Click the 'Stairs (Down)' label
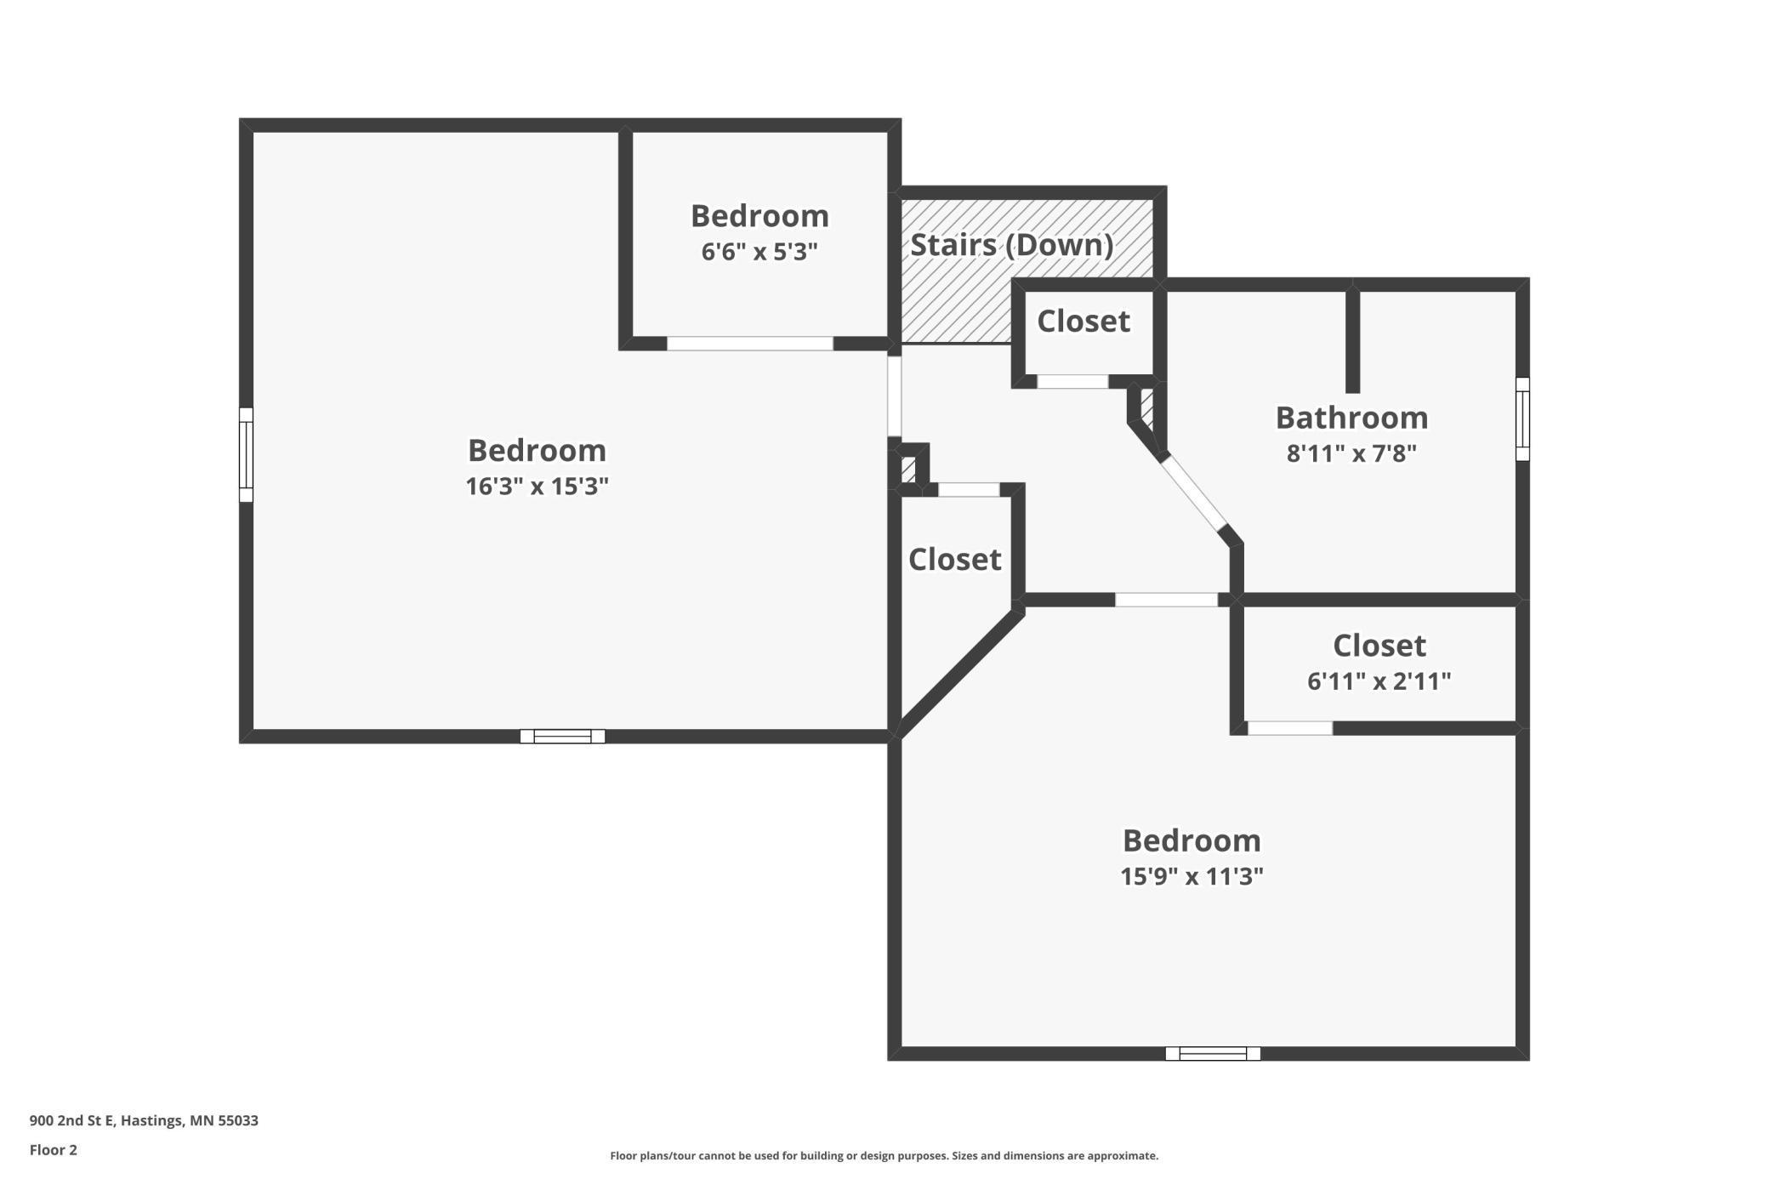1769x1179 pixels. coord(1011,245)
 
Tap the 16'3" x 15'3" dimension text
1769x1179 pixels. coord(537,486)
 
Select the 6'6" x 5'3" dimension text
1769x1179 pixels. coord(759,252)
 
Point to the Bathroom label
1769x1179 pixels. coord(1351,418)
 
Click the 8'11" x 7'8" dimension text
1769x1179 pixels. coord(1351,453)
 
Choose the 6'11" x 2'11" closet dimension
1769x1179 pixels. coord(1379,681)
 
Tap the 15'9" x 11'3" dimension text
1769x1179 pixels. coord(1192,876)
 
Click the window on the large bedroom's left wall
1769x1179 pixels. coord(246,455)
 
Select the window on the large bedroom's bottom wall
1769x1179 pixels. coord(562,736)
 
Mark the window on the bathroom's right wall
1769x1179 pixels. coord(1522,419)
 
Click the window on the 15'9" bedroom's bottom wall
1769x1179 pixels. coord(1213,1053)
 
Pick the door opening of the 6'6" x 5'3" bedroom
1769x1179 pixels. coord(750,344)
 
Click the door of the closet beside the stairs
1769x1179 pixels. coord(1073,382)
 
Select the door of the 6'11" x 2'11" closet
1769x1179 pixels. coord(1290,728)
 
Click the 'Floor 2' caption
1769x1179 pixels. coord(54,1150)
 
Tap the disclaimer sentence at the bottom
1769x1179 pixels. coord(884,1155)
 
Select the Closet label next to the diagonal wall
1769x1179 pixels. coord(954,560)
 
